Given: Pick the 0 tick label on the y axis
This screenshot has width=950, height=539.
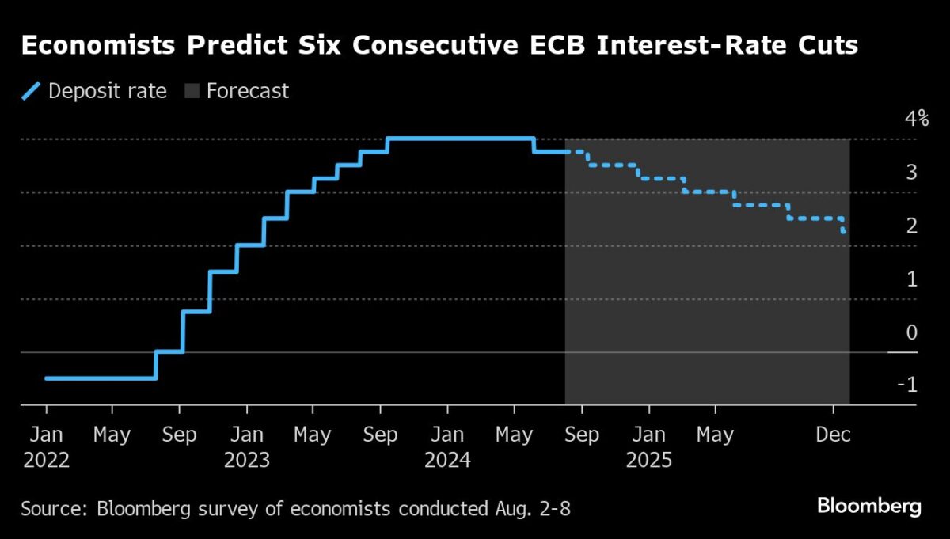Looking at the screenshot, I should tap(911, 332).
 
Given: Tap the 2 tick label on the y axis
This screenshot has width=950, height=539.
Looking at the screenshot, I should tap(911, 226).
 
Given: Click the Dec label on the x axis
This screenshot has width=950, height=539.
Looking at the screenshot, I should tap(833, 435).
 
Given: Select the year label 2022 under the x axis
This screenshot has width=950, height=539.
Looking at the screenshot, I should tap(46, 460).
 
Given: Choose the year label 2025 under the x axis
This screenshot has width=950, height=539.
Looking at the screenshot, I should tap(648, 460).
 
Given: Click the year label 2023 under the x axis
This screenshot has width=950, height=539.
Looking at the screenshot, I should tap(247, 460).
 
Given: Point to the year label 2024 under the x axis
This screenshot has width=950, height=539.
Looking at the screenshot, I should tap(447, 460).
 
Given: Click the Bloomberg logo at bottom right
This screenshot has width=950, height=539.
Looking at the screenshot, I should tap(869, 507).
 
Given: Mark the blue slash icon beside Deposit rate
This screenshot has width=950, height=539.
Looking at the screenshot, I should tap(31, 91).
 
